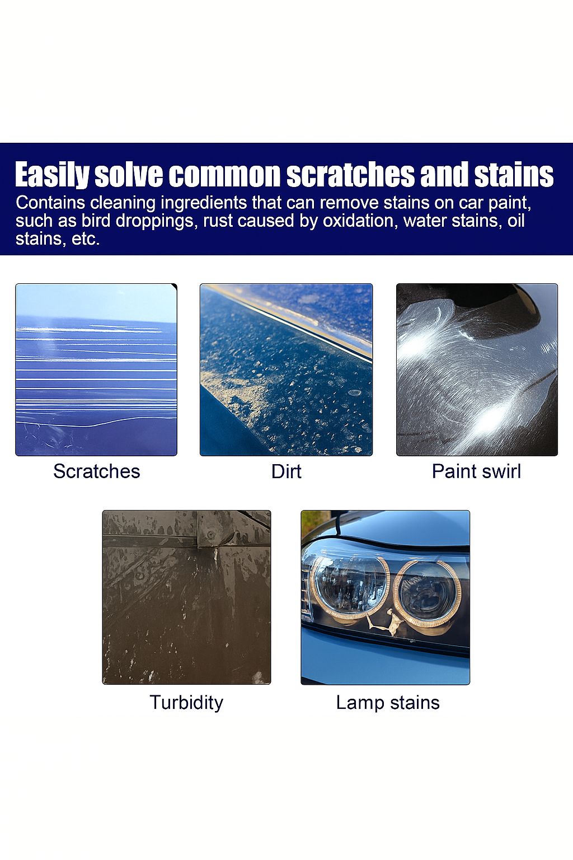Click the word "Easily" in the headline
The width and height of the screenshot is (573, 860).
point(51,175)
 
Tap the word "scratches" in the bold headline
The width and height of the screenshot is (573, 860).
point(351,175)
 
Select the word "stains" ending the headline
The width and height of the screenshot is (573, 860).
point(514,175)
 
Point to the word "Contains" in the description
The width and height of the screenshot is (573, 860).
point(50,203)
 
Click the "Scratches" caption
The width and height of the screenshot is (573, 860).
point(96,471)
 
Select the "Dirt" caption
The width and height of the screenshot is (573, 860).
point(286,471)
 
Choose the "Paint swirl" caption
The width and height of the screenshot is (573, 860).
point(476,471)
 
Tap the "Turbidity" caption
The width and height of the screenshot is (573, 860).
point(186,703)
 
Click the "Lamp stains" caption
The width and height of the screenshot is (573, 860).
point(387,703)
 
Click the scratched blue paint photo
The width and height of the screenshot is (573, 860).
point(96,370)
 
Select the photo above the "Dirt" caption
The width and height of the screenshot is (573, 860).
point(286,370)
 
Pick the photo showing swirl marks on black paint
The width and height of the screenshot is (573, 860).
point(477,370)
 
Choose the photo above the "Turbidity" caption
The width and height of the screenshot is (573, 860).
point(186,597)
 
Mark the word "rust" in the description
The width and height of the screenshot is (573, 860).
point(215,221)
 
